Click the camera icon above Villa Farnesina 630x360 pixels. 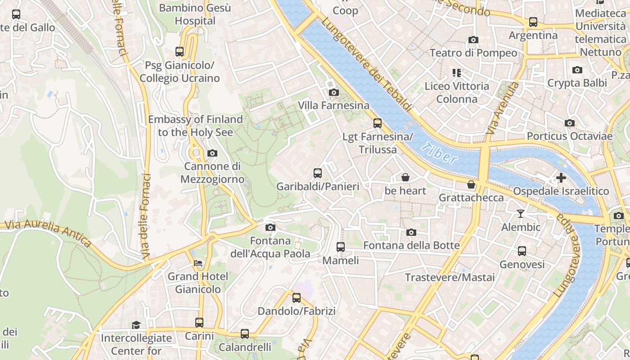click(x=333, y=93)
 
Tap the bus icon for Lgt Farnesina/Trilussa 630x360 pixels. click(x=378, y=123)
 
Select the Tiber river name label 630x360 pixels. click(x=441, y=153)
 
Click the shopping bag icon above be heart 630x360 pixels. click(x=405, y=177)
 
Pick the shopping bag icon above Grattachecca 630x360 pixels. click(x=471, y=184)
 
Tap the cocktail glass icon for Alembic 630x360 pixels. click(x=521, y=214)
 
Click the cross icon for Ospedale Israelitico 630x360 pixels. click(x=561, y=178)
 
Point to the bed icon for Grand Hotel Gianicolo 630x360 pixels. click(x=198, y=263)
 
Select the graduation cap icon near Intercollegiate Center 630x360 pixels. click(x=136, y=325)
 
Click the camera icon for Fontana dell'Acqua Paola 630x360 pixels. click(x=270, y=228)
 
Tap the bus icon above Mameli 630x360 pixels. click(x=341, y=247)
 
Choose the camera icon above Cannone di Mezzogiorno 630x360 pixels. click(x=212, y=153)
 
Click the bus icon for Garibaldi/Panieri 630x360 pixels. click(x=318, y=173)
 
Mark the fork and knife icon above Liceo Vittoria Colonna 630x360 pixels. click(x=457, y=73)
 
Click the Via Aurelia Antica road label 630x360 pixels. click(x=47, y=233)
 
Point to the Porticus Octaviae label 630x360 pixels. click(x=569, y=136)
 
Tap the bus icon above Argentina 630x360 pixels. click(x=533, y=22)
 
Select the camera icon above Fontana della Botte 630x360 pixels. click(x=411, y=233)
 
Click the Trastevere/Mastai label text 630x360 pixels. click(x=450, y=277)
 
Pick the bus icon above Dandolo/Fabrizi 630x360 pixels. click(x=297, y=298)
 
